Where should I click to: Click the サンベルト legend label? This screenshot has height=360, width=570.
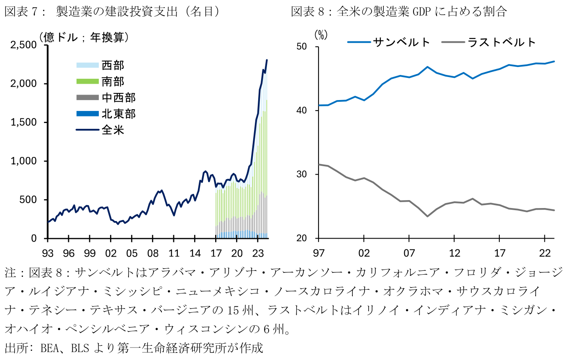(401, 42)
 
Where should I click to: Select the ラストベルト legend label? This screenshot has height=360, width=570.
(502, 42)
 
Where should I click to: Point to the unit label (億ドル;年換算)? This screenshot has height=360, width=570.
(84, 37)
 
